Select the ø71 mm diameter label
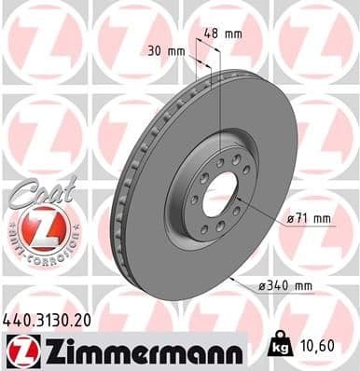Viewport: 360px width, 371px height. tap(310, 219)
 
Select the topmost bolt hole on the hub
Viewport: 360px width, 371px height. tap(220, 161)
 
